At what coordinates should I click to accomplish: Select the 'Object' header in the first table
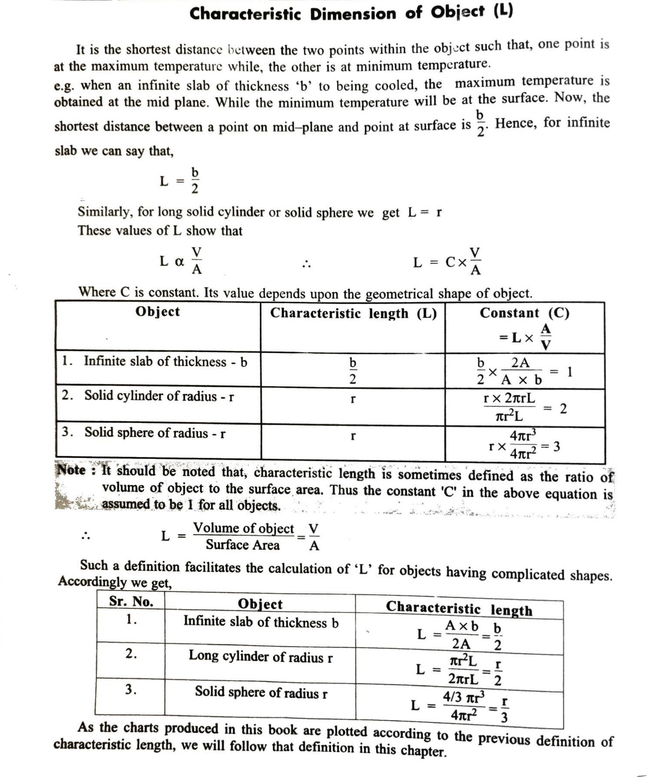click(x=157, y=311)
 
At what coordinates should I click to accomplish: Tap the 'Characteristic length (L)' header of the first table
click(x=353, y=313)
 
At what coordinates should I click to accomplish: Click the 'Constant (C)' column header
click(x=524, y=313)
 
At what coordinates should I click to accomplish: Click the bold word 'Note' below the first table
click(x=71, y=470)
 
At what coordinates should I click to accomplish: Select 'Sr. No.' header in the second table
click(x=131, y=601)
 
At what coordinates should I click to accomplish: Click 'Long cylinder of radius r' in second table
click(x=260, y=656)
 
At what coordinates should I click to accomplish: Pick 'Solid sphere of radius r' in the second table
click(x=261, y=692)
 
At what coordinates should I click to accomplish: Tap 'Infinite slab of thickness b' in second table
click(x=261, y=622)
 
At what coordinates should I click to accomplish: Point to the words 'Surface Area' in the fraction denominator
click(x=243, y=545)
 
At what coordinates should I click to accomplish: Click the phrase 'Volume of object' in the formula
click(x=243, y=528)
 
